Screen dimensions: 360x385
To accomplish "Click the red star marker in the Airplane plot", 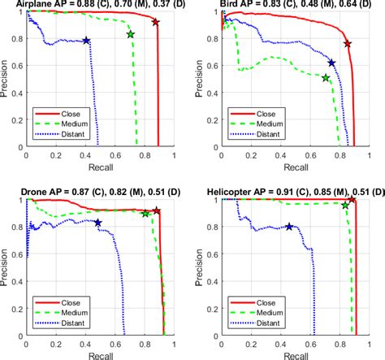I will [156, 22].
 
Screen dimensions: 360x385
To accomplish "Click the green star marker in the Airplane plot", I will [132, 35].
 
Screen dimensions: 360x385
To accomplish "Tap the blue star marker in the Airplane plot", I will [87, 40].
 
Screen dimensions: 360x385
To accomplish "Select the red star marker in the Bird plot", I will [348, 44].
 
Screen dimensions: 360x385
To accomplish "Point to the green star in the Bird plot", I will [326, 78].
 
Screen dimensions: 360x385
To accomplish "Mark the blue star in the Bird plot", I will [331, 63].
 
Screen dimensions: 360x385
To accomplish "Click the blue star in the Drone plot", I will [97, 222].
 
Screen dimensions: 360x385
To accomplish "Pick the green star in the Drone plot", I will [145, 213].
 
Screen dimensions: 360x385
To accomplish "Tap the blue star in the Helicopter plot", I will [289, 227].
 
